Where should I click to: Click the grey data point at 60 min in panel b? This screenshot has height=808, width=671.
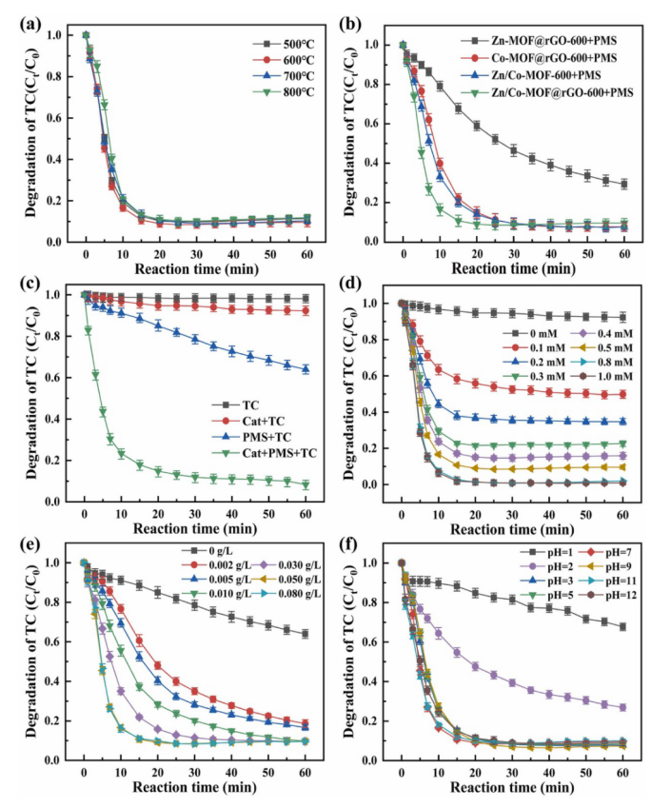point(624,184)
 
